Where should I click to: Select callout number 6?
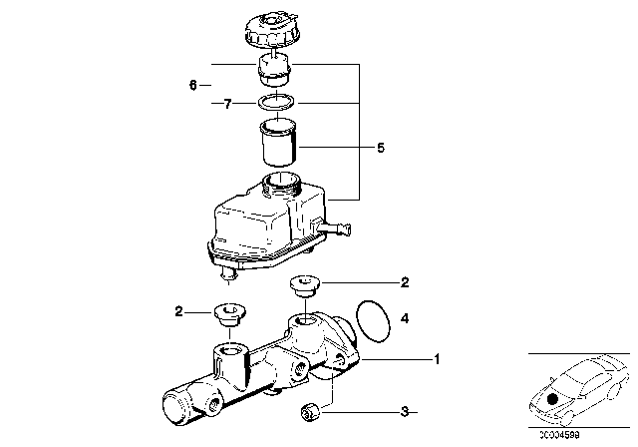pos(193,86)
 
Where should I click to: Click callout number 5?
pos(380,149)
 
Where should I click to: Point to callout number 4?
pos(404,319)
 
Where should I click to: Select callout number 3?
pos(404,410)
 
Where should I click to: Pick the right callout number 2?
pos(404,283)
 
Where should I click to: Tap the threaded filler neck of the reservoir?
pos(280,186)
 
